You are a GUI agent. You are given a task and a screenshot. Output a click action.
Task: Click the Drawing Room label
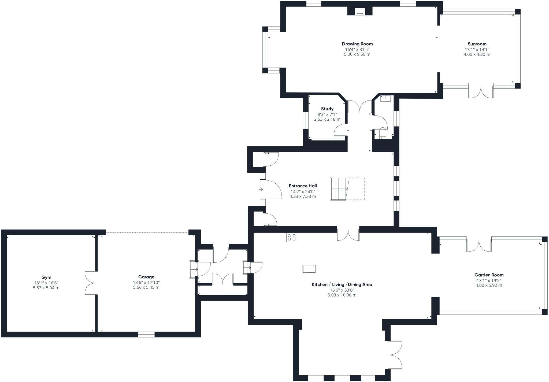[x=357, y=44]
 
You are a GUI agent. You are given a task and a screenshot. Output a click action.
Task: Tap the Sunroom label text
[x=477, y=44]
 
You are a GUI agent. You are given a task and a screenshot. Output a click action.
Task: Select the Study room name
[x=327, y=109]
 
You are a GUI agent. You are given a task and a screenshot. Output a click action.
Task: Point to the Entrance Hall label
[x=303, y=186]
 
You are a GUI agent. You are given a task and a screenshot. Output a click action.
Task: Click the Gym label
[x=46, y=277]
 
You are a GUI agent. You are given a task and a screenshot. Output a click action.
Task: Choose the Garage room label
[x=146, y=277]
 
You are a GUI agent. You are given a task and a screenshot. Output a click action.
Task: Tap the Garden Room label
[x=489, y=275]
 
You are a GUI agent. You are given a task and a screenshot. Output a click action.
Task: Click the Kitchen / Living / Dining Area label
[x=342, y=285]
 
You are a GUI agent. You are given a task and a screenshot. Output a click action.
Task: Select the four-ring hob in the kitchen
[x=292, y=238]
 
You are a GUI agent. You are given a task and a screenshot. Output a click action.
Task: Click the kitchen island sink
[x=309, y=269]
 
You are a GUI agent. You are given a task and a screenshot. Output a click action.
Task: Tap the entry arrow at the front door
[x=261, y=190]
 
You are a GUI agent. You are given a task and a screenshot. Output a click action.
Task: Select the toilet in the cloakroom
[x=383, y=133]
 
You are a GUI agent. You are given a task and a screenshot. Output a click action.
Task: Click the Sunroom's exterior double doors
[x=481, y=92]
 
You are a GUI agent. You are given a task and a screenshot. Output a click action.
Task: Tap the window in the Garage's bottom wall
[x=146, y=334]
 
